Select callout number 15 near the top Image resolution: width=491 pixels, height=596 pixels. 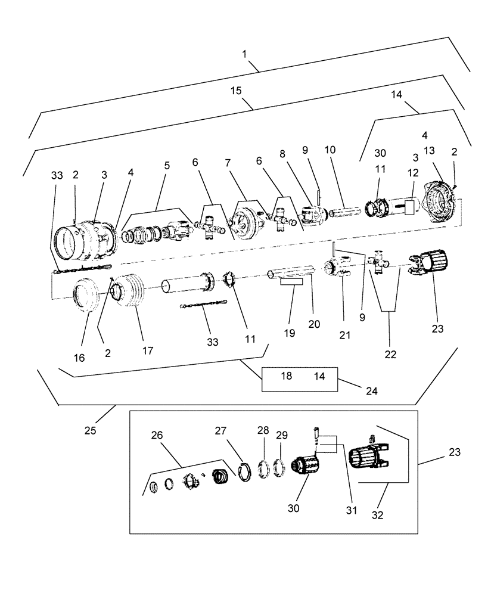pyautogui.click(x=236, y=91)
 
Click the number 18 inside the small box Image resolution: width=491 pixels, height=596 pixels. pyautogui.click(x=286, y=377)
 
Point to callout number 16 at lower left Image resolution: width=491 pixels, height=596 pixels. pyautogui.click(x=79, y=358)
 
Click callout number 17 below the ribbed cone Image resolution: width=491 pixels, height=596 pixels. pyautogui.click(x=147, y=351)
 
